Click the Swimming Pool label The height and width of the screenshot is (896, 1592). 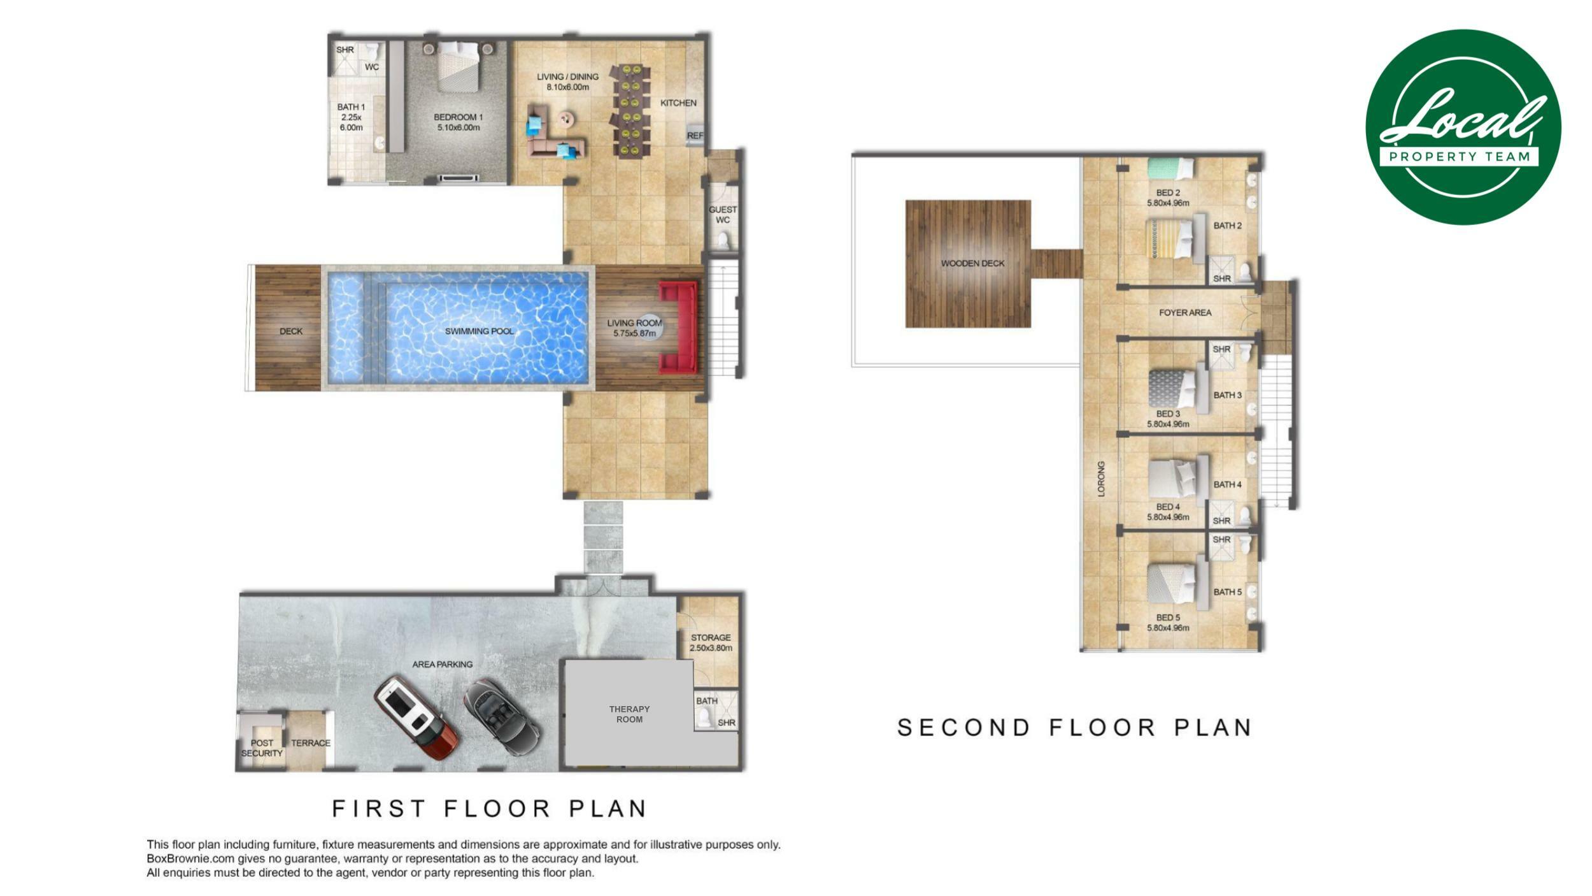479,331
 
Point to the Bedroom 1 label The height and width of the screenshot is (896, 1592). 458,122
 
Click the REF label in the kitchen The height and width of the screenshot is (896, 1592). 695,136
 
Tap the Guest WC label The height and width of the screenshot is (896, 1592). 723,215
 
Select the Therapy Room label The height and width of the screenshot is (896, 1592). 629,714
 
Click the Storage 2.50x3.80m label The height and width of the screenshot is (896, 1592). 711,642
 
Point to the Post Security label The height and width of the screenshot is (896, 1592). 262,748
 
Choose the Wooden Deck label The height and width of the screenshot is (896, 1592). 972,263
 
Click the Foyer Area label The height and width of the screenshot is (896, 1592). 1185,313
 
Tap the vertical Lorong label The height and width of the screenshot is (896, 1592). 1101,479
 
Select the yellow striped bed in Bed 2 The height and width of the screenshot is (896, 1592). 1171,239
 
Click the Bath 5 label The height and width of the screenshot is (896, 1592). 1227,592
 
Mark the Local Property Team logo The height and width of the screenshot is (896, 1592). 1463,127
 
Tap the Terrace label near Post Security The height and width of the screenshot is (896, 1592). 311,743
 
